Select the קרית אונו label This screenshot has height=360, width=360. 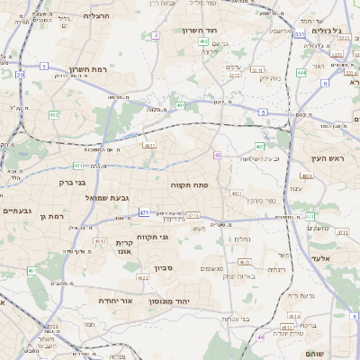point(125,247)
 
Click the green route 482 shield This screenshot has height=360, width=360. point(54,115)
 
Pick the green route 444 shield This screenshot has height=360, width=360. point(301,72)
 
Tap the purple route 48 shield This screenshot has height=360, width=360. point(261,337)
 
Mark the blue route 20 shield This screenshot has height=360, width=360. point(20,75)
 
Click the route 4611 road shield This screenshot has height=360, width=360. point(149,144)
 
